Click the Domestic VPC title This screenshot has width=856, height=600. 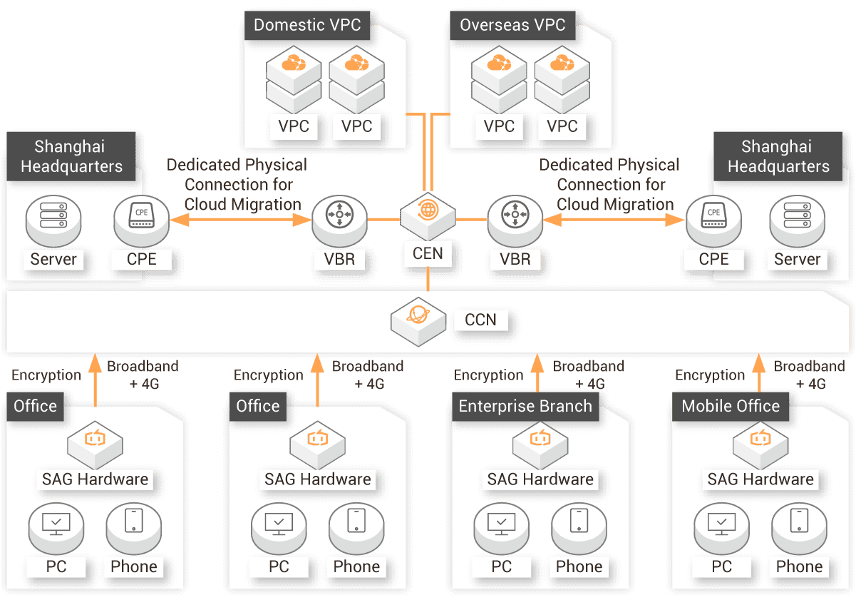pos(307,25)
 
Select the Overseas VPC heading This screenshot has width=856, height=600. pos(512,25)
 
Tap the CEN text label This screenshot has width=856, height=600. pos(428,253)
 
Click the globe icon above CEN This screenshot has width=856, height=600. pos(428,211)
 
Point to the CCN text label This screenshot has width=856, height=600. pos(480,320)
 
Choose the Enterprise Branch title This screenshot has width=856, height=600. pos(525,407)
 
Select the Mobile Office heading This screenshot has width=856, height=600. pos(731,407)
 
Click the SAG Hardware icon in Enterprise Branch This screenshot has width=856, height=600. pos(540,442)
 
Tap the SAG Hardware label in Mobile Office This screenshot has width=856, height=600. pos(760,479)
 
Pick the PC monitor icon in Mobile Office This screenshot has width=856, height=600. pos(722,524)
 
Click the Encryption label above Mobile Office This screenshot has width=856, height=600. pos(710,375)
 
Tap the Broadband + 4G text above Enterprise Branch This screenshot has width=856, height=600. pos(589,375)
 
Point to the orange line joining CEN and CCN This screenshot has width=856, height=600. pos(428,278)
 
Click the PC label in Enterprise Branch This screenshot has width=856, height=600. pos(502,567)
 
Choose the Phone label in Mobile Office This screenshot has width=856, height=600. pos(799,567)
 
